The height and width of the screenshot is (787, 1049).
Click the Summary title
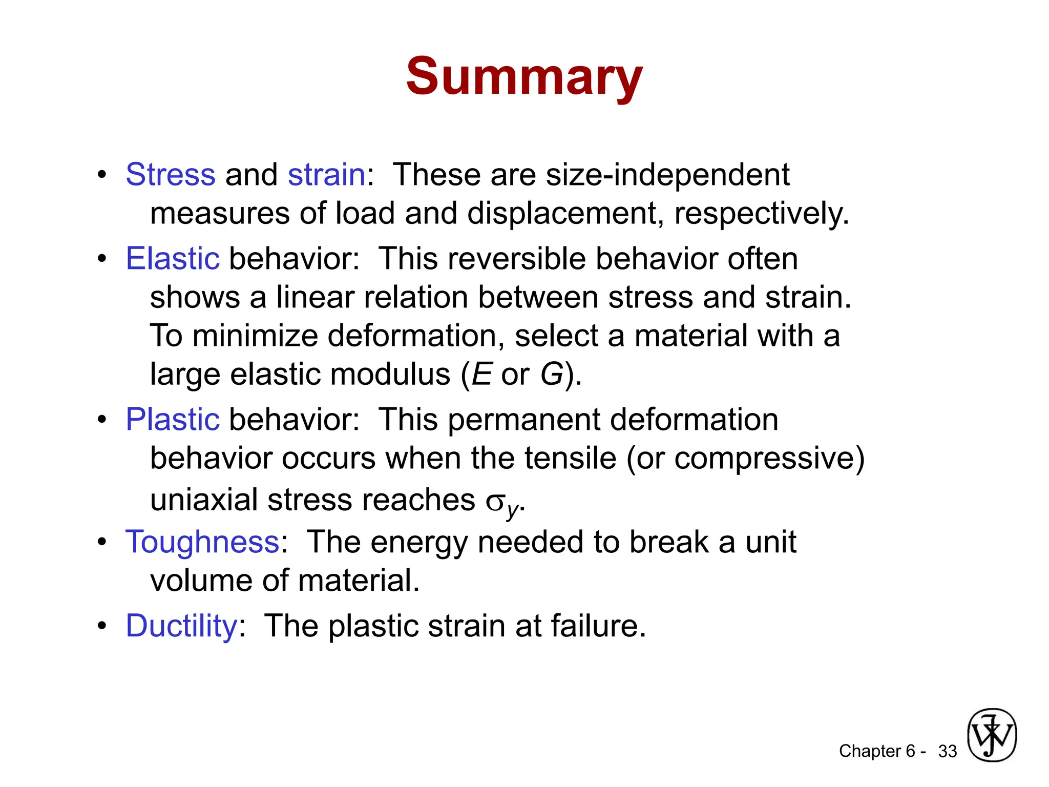tap(524, 77)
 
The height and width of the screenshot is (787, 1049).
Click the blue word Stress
tap(171, 175)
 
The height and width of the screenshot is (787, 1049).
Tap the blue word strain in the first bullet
tap(326, 175)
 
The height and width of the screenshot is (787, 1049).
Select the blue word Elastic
tap(173, 258)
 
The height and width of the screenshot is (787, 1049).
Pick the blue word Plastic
tap(173, 420)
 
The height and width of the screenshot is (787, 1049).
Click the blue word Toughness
tap(202, 542)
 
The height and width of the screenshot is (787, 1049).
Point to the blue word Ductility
tap(181, 626)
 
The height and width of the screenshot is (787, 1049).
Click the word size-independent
tap(667, 175)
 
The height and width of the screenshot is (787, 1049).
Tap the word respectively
tap(761, 214)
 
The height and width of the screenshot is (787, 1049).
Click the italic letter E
tap(481, 374)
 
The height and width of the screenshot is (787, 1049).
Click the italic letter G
tap(552, 374)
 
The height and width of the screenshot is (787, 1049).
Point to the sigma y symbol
tap(502, 503)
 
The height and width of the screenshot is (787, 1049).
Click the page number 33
tap(947, 751)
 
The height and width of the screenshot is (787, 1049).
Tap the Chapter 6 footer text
tap(877, 751)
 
